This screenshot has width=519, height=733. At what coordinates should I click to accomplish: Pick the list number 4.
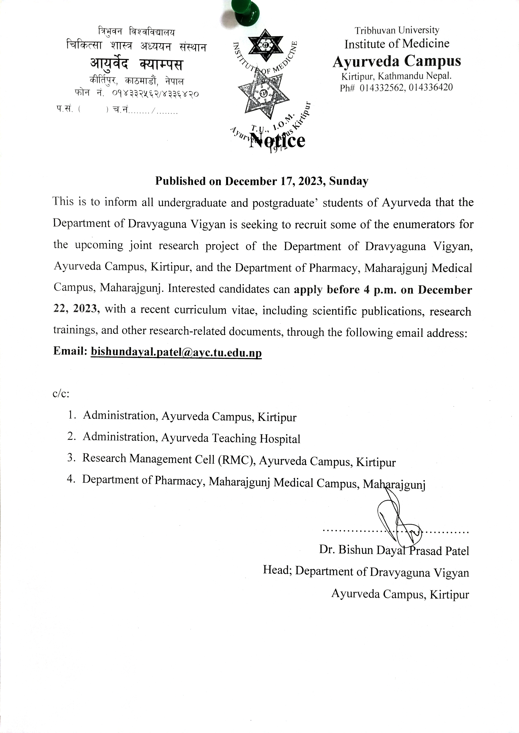[x=71, y=480]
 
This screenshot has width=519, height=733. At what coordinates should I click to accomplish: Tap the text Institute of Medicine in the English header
[x=397, y=44]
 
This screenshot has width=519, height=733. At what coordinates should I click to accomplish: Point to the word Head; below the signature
[x=277, y=570]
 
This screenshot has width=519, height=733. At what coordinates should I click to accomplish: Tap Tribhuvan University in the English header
[x=397, y=30]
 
